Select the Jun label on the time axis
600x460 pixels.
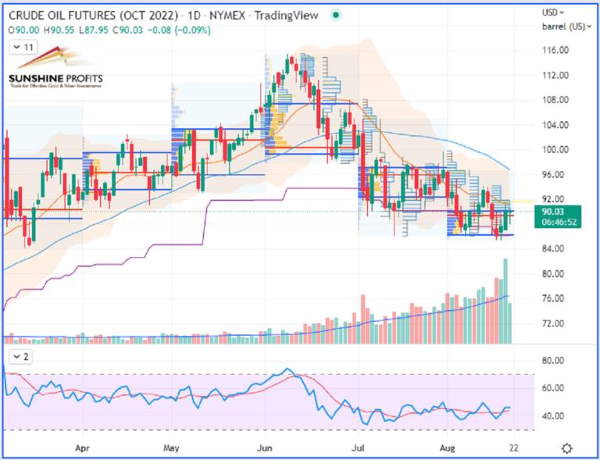click(265, 450)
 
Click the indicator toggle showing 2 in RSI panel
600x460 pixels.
click(21, 357)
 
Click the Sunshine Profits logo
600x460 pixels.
click(55, 70)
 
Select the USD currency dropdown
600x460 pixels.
click(555, 13)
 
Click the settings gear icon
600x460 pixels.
click(568, 448)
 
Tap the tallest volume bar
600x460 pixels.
click(505, 301)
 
